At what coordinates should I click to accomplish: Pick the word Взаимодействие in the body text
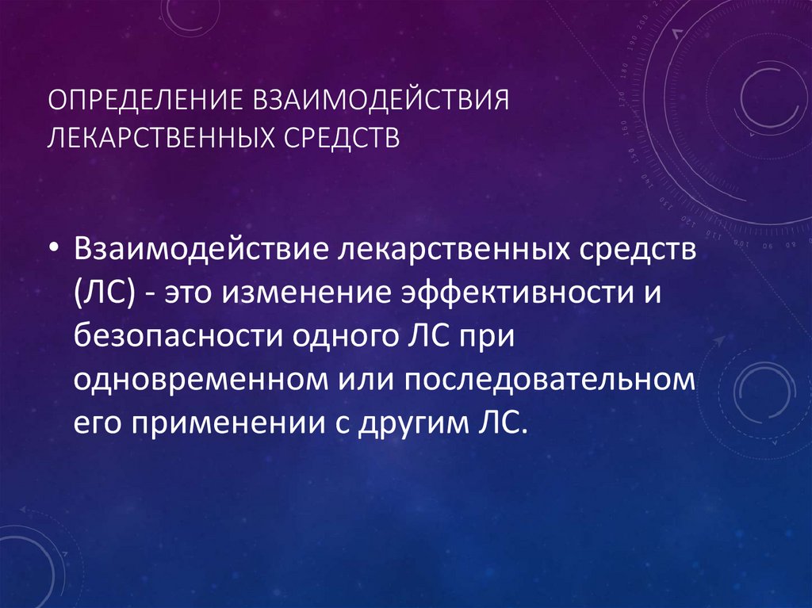tap(201, 253)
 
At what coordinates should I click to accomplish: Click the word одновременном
tap(203, 380)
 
